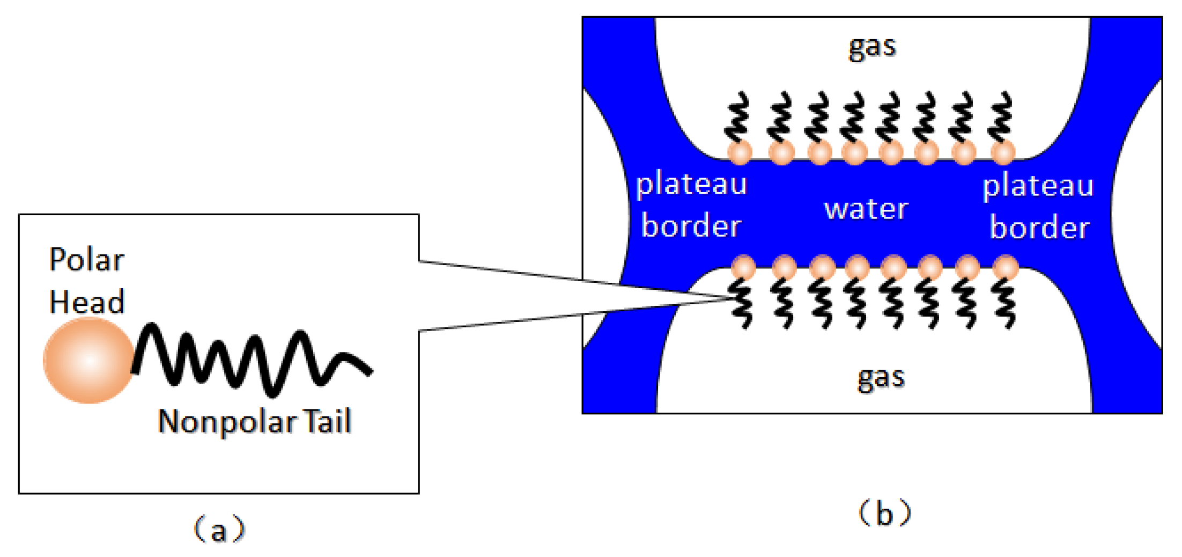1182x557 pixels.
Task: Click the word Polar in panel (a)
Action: point(86,260)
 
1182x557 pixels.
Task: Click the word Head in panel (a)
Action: point(86,302)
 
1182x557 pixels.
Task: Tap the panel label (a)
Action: point(219,530)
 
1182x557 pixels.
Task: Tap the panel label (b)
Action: point(884,513)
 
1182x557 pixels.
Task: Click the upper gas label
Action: point(872,47)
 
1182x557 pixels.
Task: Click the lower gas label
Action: point(881,377)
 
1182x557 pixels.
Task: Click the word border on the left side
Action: point(691,225)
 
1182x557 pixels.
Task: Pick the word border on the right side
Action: point(1039,228)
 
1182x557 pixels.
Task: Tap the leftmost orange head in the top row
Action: point(740,152)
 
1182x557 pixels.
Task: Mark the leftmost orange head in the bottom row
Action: point(743,267)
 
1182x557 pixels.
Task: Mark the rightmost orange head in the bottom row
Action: point(1006,267)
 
